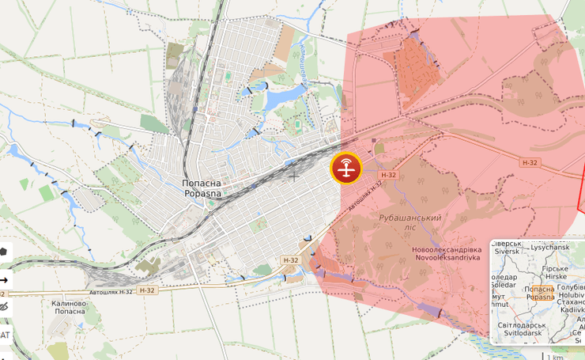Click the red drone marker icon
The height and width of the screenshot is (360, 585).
(x=346, y=169)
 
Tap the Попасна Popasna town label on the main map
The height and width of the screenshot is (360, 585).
(x=202, y=188)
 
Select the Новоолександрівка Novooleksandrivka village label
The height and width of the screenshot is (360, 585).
(x=447, y=254)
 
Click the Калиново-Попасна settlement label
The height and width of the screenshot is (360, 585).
(x=70, y=308)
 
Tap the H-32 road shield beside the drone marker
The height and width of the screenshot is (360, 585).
(x=388, y=175)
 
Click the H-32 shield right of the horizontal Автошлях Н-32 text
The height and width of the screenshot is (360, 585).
(x=147, y=290)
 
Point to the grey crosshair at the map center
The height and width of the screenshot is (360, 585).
(x=294, y=174)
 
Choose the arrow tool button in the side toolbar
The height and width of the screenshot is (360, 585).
(x=4, y=279)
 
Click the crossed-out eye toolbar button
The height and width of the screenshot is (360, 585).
(x=4, y=306)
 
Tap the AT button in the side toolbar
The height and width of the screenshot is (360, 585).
(x=5, y=334)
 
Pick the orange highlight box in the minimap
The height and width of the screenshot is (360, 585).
(x=540, y=294)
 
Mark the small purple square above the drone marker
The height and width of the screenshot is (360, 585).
(x=378, y=146)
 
